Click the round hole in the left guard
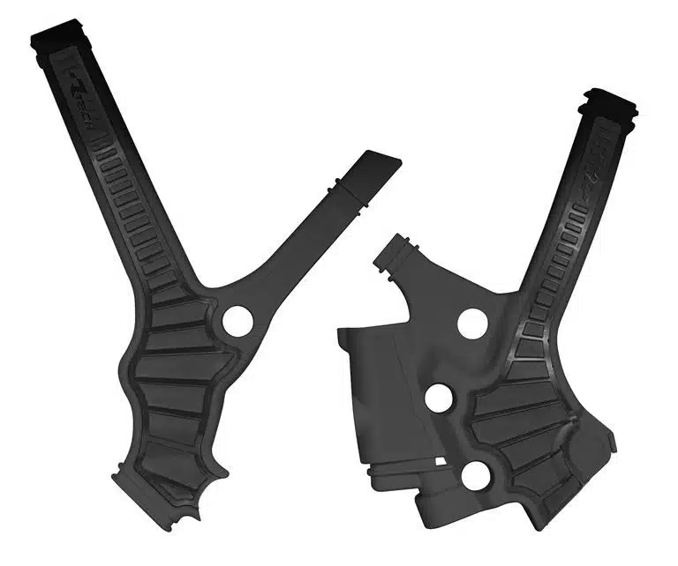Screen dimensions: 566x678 pos(236,320)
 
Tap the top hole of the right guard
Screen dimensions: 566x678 pos(471,323)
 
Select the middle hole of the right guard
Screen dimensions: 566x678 pos(438,398)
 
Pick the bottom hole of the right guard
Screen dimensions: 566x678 pos(476,475)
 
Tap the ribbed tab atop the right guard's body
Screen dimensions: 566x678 pos(393,251)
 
